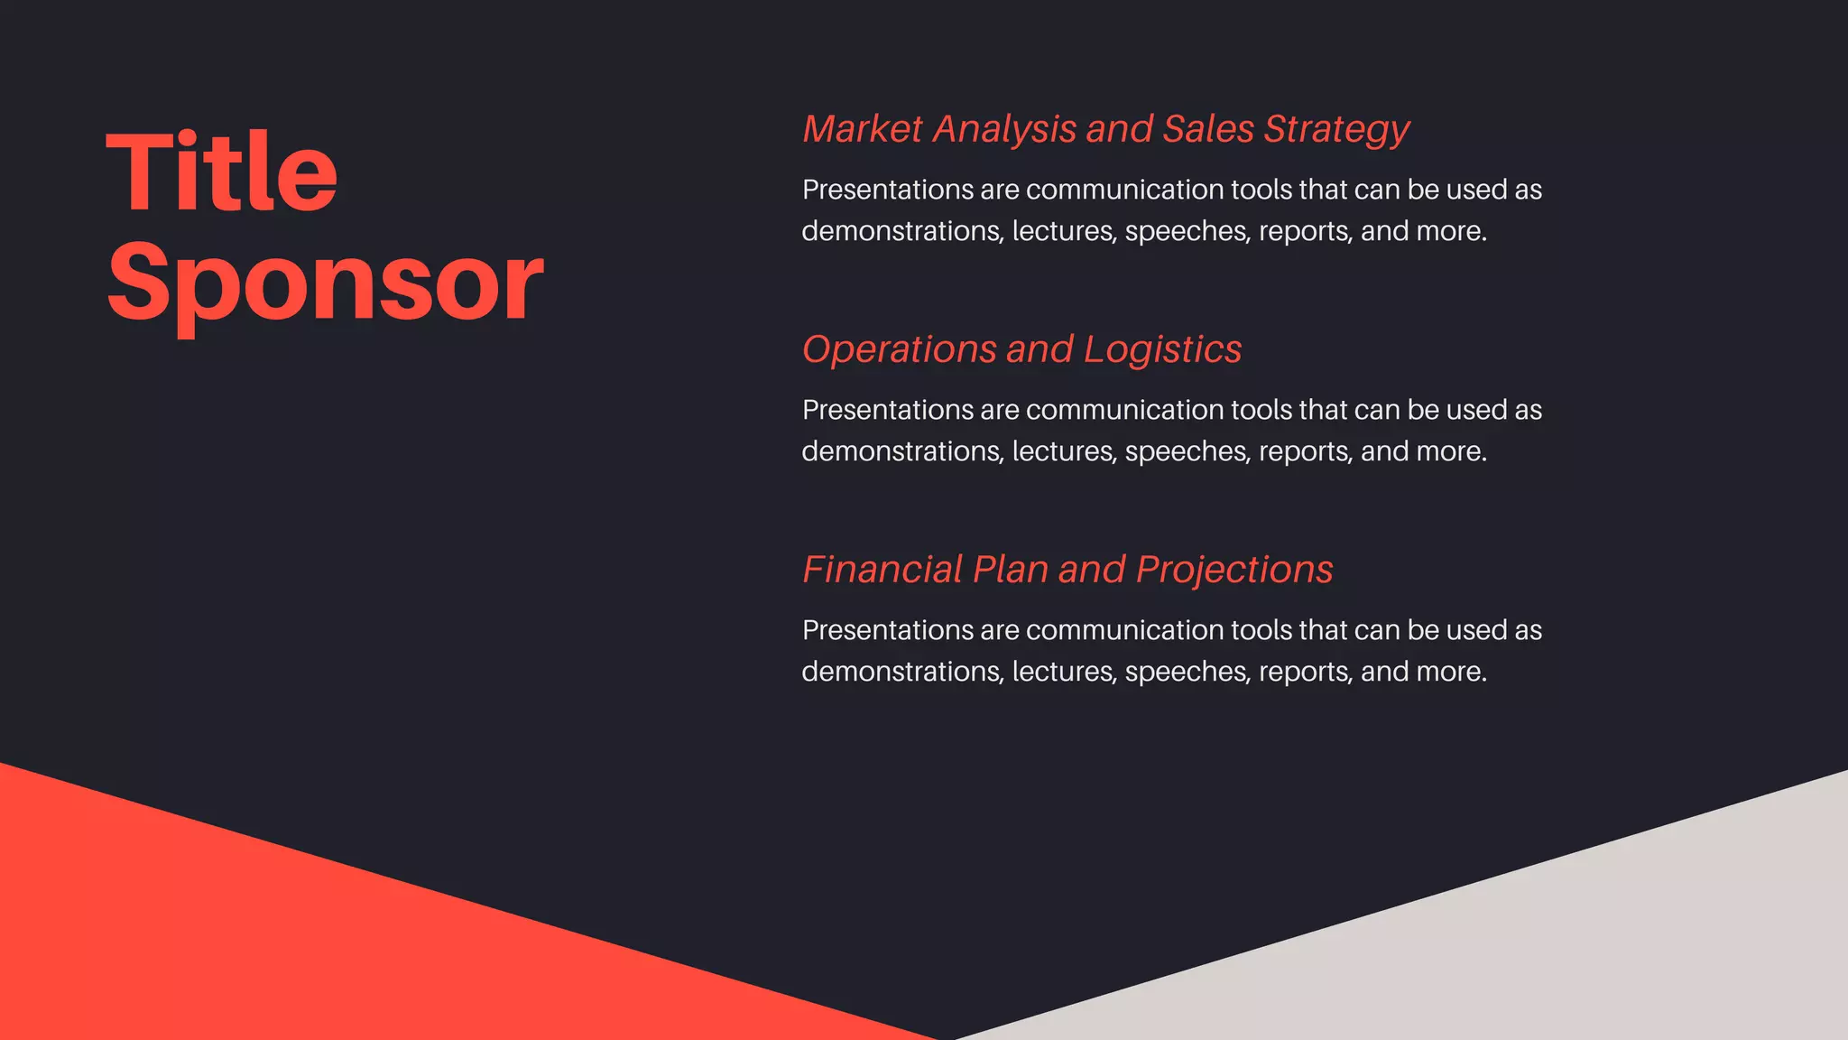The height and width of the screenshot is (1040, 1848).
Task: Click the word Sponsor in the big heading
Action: (x=325, y=283)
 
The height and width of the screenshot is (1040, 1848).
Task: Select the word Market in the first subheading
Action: (x=863, y=129)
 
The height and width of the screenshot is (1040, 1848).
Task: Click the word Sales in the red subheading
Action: (x=1208, y=129)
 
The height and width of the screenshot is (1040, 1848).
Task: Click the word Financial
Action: (x=882, y=570)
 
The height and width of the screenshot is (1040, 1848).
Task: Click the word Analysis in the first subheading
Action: (x=1004, y=130)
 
